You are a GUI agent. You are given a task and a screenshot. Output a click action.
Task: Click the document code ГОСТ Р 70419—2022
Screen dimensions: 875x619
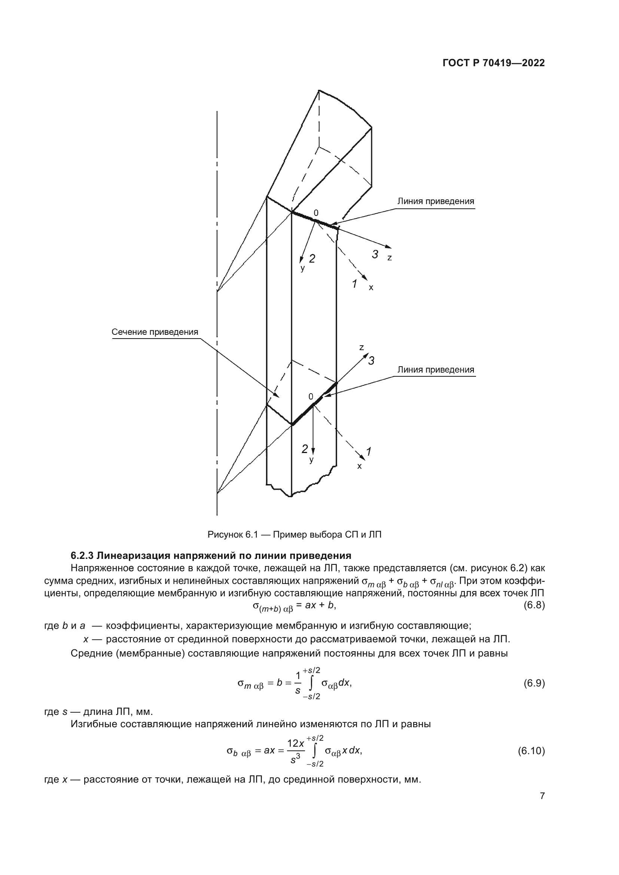(x=494, y=63)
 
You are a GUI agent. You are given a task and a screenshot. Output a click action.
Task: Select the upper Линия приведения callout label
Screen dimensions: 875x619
(x=436, y=202)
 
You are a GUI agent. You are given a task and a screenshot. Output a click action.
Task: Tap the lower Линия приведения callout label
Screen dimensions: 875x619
(x=436, y=370)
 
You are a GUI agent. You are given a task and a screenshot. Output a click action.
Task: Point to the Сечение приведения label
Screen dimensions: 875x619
(x=155, y=332)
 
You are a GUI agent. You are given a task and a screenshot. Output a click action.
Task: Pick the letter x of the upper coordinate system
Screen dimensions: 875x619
(x=371, y=288)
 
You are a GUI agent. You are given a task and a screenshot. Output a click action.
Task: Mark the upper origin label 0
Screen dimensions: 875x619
(x=315, y=213)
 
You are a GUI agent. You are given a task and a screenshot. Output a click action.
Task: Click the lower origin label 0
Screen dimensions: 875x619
(x=311, y=397)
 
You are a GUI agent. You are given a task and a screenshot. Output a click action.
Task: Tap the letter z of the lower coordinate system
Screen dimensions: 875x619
(x=362, y=348)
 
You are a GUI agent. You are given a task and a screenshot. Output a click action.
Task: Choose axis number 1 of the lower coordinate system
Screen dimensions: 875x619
(x=369, y=452)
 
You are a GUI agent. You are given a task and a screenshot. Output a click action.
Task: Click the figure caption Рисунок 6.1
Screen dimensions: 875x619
(x=294, y=535)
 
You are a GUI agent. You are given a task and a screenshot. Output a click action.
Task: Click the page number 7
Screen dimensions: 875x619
(x=542, y=796)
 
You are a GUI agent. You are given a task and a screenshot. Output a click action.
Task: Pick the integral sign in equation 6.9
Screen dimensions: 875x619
(x=311, y=683)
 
